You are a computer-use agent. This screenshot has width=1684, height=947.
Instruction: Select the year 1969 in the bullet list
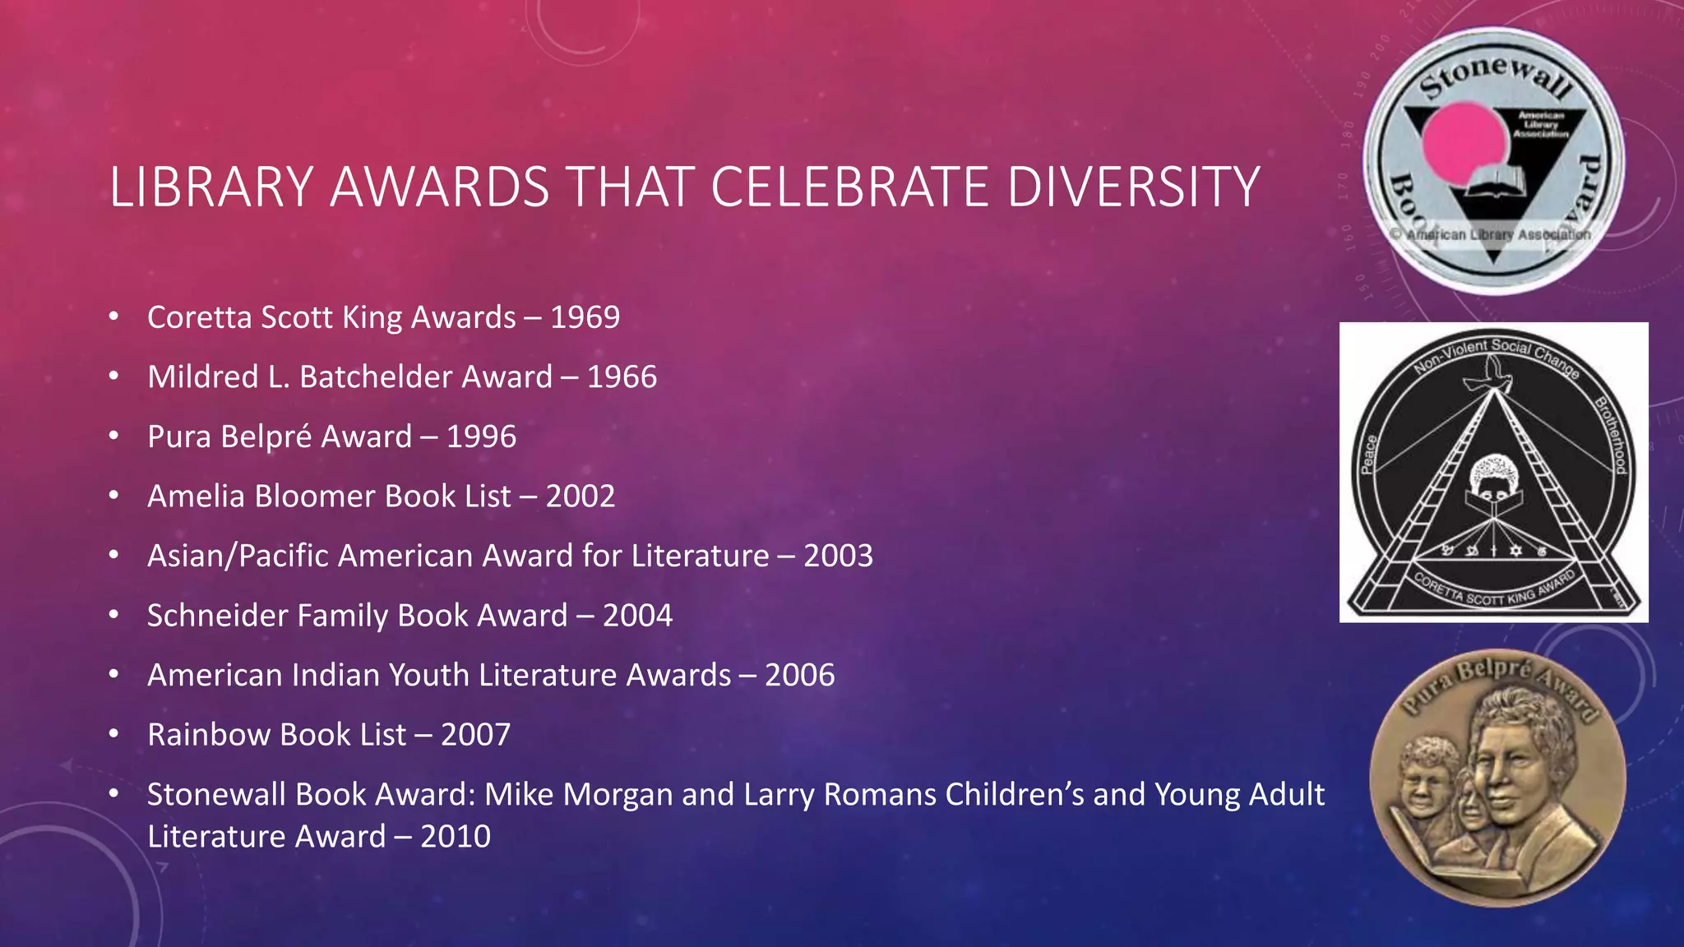pos(585,317)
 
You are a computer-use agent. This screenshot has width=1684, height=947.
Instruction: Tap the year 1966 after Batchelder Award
pos(622,377)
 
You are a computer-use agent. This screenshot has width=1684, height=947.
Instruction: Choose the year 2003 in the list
pos(838,556)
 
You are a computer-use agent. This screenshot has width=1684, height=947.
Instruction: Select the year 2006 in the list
pos(799,675)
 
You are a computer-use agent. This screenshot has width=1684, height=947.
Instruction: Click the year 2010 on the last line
pos(456,837)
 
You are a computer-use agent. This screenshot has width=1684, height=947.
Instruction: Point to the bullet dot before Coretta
pos(114,316)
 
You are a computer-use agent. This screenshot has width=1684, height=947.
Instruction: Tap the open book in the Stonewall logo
pos(1495,182)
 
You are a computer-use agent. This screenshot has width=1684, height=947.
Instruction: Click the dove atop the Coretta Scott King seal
pos(1492,379)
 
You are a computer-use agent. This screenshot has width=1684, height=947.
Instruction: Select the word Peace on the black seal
pos(1369,454)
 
